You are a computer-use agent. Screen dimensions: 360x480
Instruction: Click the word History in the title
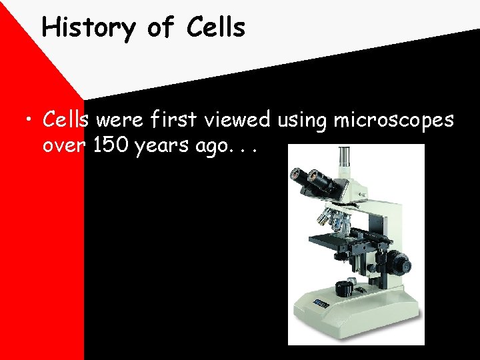pyautogui.click(x=87, y=28)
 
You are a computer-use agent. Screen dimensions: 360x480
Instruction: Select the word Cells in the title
pyautogui.click(x=217, y=27)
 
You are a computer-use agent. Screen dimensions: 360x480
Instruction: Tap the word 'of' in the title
pyautogui.click(x=161, y=27)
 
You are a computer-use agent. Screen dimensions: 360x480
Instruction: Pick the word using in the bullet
pyautogui.click(x=300, y=121)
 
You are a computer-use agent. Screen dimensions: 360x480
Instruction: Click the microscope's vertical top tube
pyautogui.click(x=344, y=159)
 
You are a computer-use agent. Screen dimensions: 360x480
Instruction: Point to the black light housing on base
pyautogui.click(x=344, y=288)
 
